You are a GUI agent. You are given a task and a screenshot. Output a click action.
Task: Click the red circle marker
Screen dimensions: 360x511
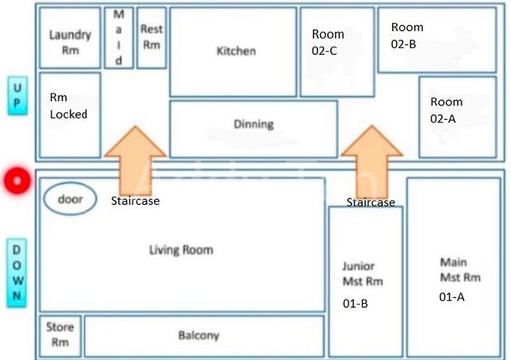[17, 181]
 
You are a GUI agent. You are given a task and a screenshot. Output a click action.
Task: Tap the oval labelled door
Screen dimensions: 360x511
[70, 199]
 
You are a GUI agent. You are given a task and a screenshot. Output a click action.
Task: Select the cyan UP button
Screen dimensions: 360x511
[17, 96]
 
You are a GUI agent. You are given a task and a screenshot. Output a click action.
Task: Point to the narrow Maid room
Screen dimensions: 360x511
[119, 38]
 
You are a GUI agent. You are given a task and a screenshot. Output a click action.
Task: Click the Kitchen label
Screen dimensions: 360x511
[236, 51]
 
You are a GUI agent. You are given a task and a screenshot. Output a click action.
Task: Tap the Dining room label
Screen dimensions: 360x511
[254, 124]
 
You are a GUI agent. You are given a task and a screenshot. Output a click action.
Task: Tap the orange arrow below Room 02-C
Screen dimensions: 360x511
[372, 160]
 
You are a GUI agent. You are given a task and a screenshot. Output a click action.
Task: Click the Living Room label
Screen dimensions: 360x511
[181, 250]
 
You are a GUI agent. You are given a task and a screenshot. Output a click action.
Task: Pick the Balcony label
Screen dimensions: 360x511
[198, 335]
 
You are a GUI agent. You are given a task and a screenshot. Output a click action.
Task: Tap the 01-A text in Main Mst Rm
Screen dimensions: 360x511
[451, 297]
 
